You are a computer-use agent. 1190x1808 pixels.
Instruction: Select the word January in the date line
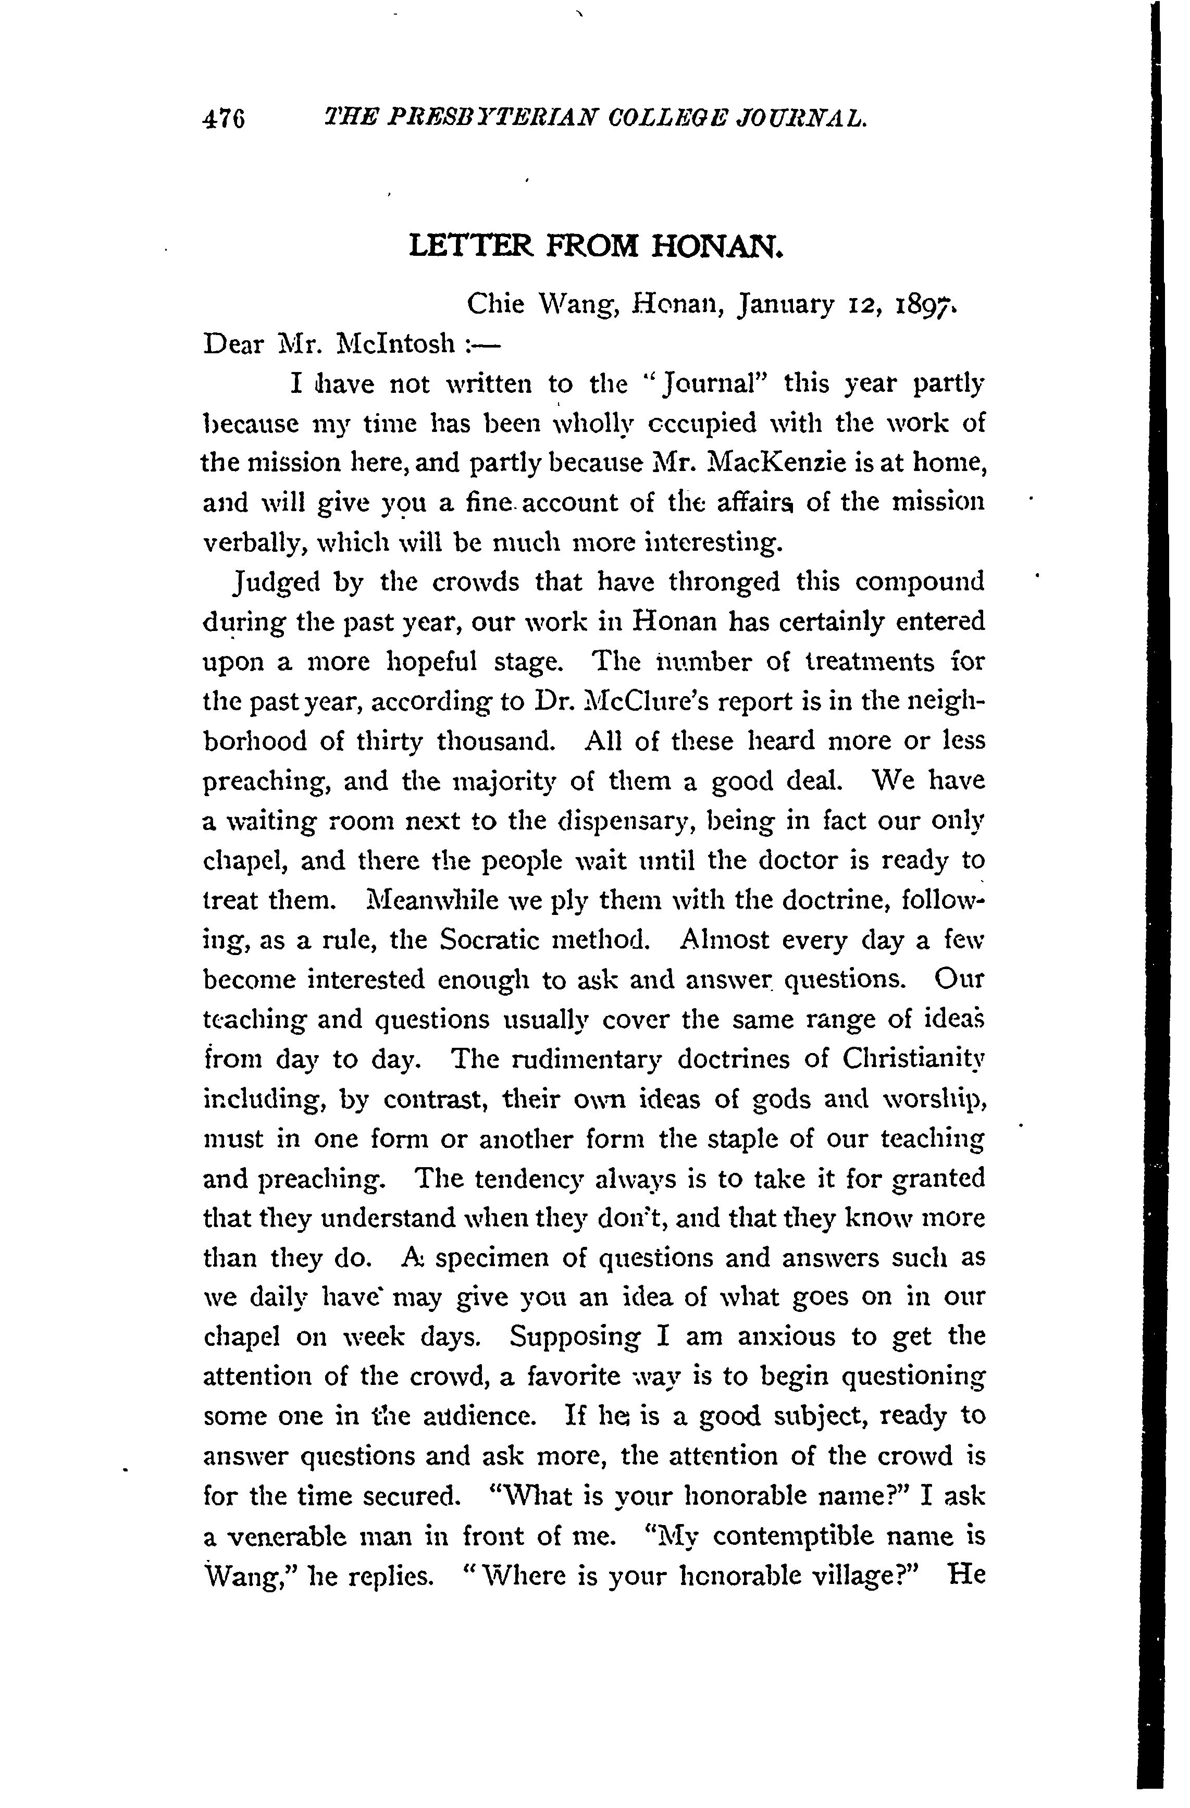(x=786, y=305)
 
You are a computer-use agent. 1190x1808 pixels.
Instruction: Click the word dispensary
(x=623, y=821)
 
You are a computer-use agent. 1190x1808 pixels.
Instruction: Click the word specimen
(x=493, y=1257)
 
